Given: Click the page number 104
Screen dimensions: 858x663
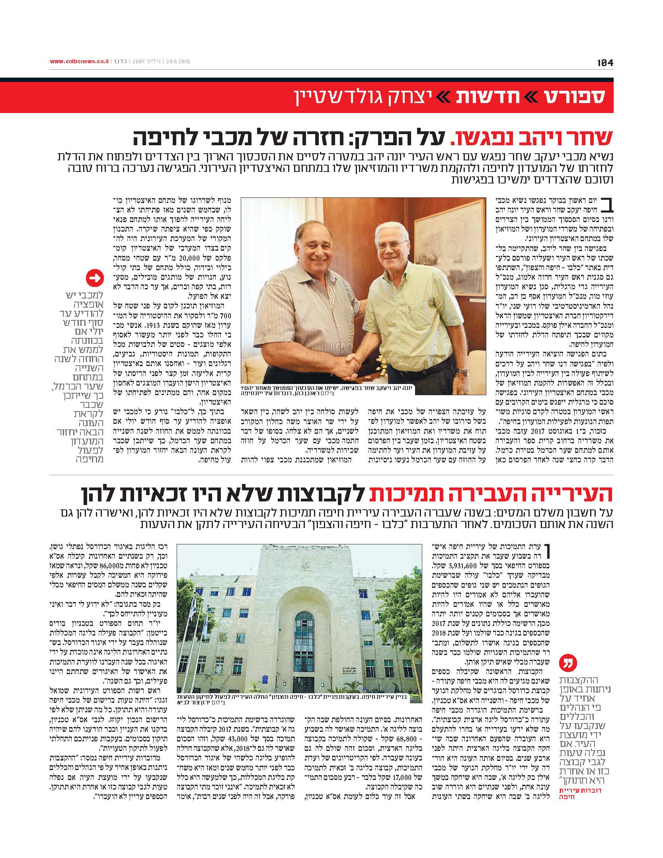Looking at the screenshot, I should point(605,62).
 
